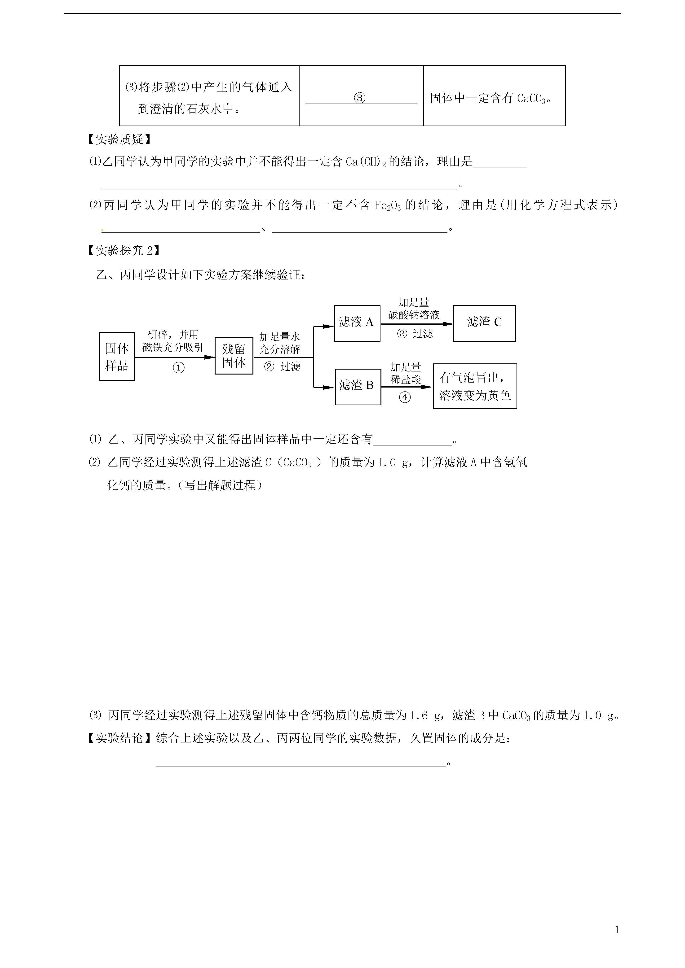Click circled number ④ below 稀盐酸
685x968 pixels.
pyautogui.click(x=405, y=397)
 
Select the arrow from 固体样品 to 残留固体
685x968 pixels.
pyautogui.click(x=175, y=357)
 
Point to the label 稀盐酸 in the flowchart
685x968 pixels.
pyautogui.click(x=406, y=379)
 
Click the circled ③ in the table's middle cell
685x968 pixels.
pyautogui.click(x=359, y=98)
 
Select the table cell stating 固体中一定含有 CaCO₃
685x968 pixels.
pyautogui.click(x=494, y=96)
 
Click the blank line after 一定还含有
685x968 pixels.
pyautogui.click(x=412, y=444)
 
